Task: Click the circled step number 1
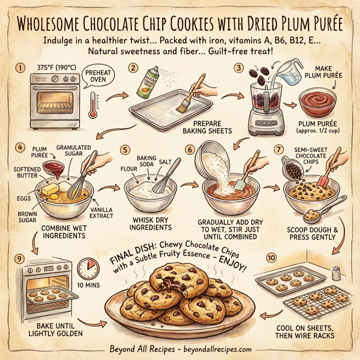pyautogui.click(x=23, y=67)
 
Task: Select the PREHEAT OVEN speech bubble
pyautogui.click(x=98, y=79)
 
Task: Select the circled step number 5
pyautogui.click(x=125, y=149)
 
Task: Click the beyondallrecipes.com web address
pyautogui.click(x=207, y=350)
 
